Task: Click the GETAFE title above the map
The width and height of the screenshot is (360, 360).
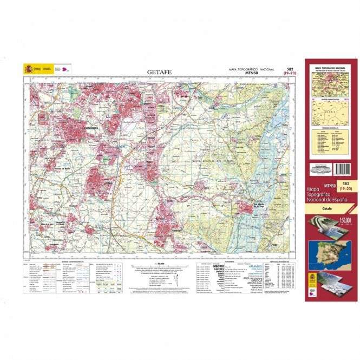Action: pos(159,71)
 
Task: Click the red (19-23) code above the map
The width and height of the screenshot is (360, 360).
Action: pos(291,74)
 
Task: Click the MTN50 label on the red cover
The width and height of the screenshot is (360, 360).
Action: pos(327,186)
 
